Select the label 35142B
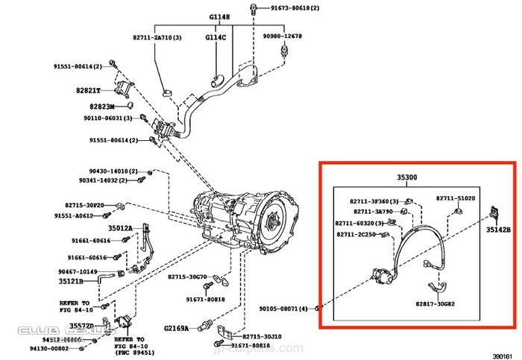click(x=497, y=230)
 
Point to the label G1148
click(x=219, y=16)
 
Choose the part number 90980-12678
click(x=282, y=36)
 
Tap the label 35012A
click(x=120, y=228)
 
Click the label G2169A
click(x=178, y=327)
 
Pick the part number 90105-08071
click(x=283, y=308)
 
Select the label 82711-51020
click(x=456, y=200)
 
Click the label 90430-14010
click(x=107, y=171)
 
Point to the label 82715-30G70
click(x=186, y=277)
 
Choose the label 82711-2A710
click(x=157, y=36)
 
